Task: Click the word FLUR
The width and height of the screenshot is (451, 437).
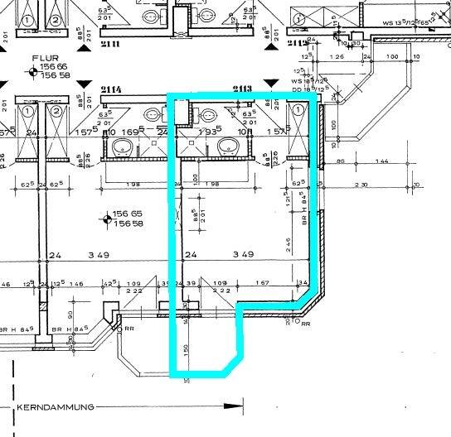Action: pyautogui.click(x=42, y=59)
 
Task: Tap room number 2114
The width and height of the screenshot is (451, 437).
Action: pyautogui.click(x=112, y=89)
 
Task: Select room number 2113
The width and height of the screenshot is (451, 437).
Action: pyautogui.click(x=242, y=89)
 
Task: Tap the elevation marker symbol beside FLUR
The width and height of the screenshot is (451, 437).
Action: pyautogui.click(x=33, y=73)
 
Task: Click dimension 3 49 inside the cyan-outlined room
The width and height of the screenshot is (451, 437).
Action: pyautogui.click(x=243, y=255)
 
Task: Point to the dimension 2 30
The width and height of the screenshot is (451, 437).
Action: pyautogui.click(x=361, y=185)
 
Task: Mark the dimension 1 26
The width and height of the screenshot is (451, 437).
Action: pyautogui.click(x=337, y=57)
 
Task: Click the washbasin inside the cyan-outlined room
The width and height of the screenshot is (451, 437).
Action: pyautogui.click(x=228, y=147)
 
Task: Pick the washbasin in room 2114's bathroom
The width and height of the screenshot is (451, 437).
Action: pyautogui.click(x=122, y=147)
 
